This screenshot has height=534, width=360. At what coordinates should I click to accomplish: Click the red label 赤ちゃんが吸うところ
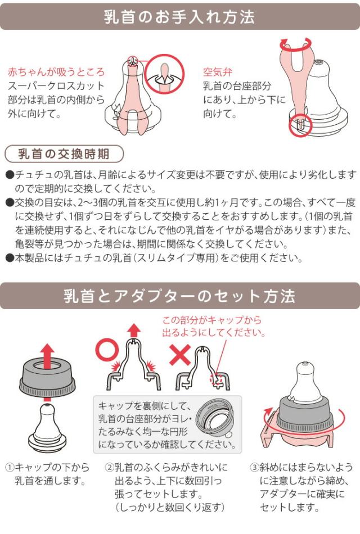pos(56,73)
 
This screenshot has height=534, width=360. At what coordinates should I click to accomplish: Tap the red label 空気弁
pos(218,73)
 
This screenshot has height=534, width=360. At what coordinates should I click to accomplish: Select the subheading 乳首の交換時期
pos(63,153)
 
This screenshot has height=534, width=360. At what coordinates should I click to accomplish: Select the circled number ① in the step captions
pos(10,468)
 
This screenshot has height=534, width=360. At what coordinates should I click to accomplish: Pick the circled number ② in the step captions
pos(109,468)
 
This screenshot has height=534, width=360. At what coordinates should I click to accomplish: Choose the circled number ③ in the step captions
pos(254,468)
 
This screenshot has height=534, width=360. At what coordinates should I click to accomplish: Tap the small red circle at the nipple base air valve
pos(299,125)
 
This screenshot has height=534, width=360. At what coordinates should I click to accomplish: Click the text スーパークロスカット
pos(56,86)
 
